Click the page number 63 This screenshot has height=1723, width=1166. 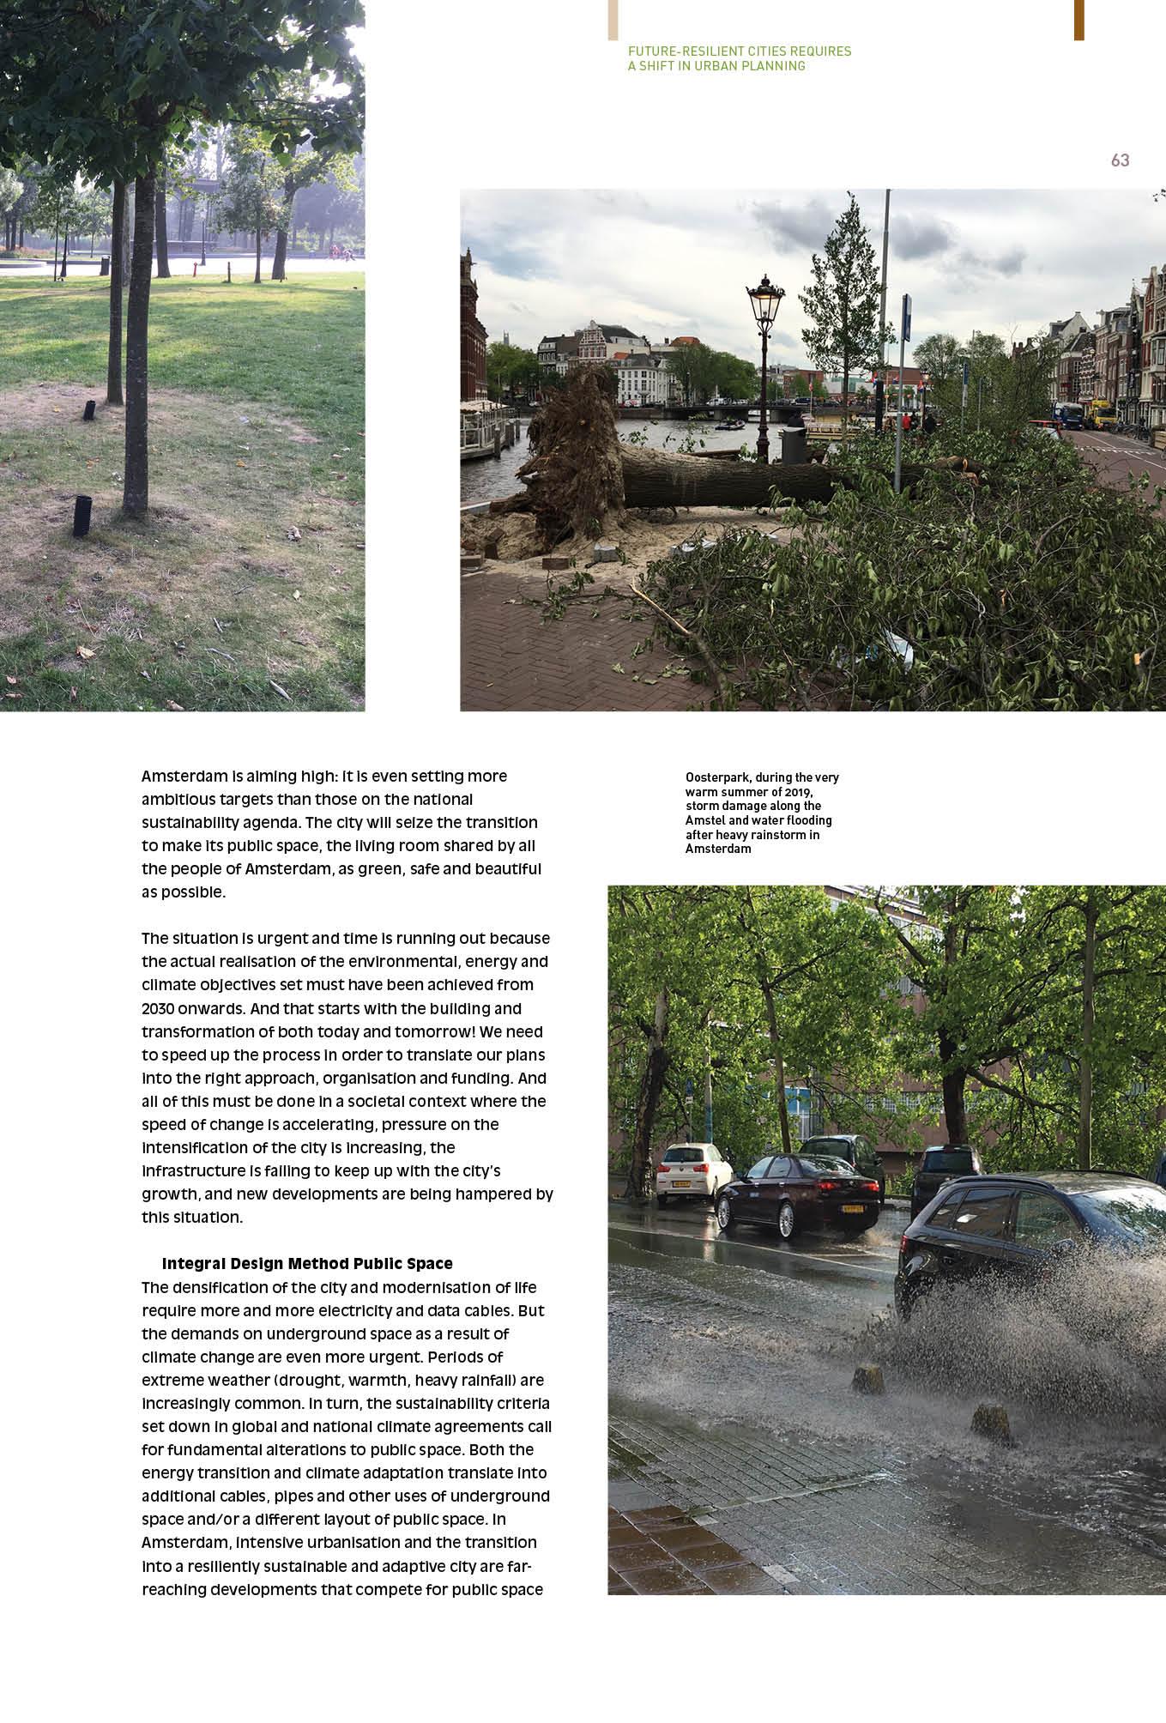click(x=1120, y=160)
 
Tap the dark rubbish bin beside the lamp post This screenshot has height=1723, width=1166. click(x=794, y=444)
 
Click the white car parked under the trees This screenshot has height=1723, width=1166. click(x=692, y=1171)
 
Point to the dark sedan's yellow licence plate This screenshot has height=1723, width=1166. click(x=853, y=1208)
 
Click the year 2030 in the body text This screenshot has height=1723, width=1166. click(x=159, y=1008)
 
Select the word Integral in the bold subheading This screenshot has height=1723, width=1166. click(x=194, y=1264)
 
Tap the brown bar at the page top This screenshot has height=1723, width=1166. click(x=1078, y=19)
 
